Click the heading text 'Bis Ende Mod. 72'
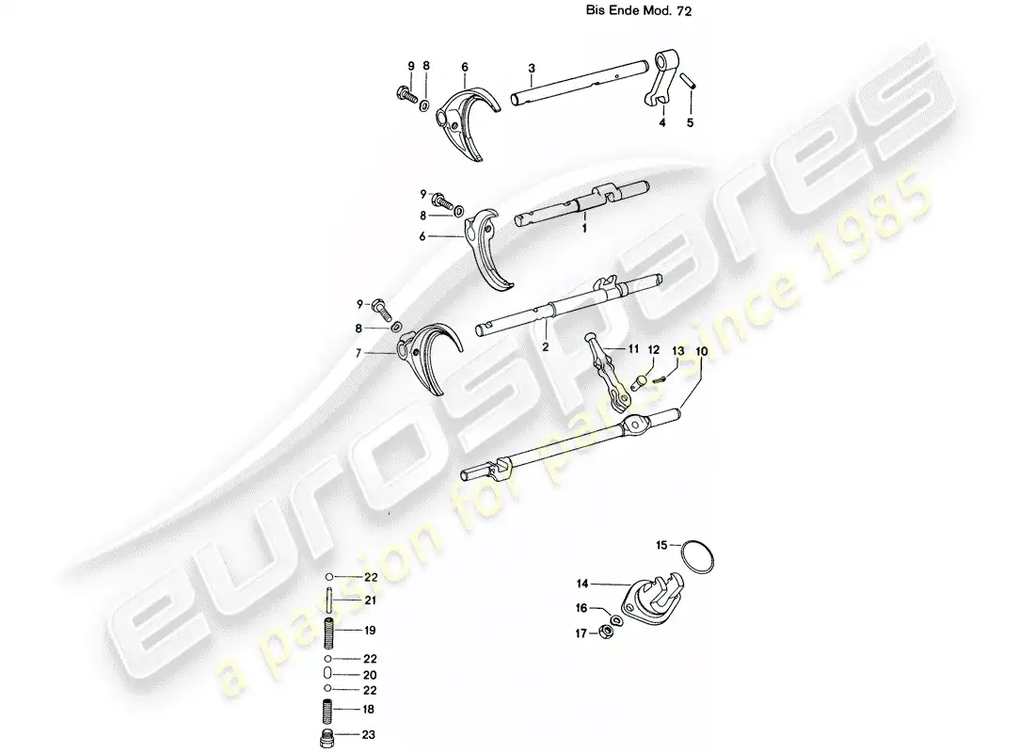638,10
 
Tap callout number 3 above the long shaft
532,68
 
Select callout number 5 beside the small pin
691,122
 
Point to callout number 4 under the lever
662,122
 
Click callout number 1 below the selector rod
584,229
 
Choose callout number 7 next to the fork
358,353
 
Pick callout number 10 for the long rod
701,351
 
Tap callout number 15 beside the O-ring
662,545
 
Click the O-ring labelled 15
696,558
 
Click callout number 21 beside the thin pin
371,601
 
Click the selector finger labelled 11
605,373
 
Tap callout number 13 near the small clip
677,351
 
